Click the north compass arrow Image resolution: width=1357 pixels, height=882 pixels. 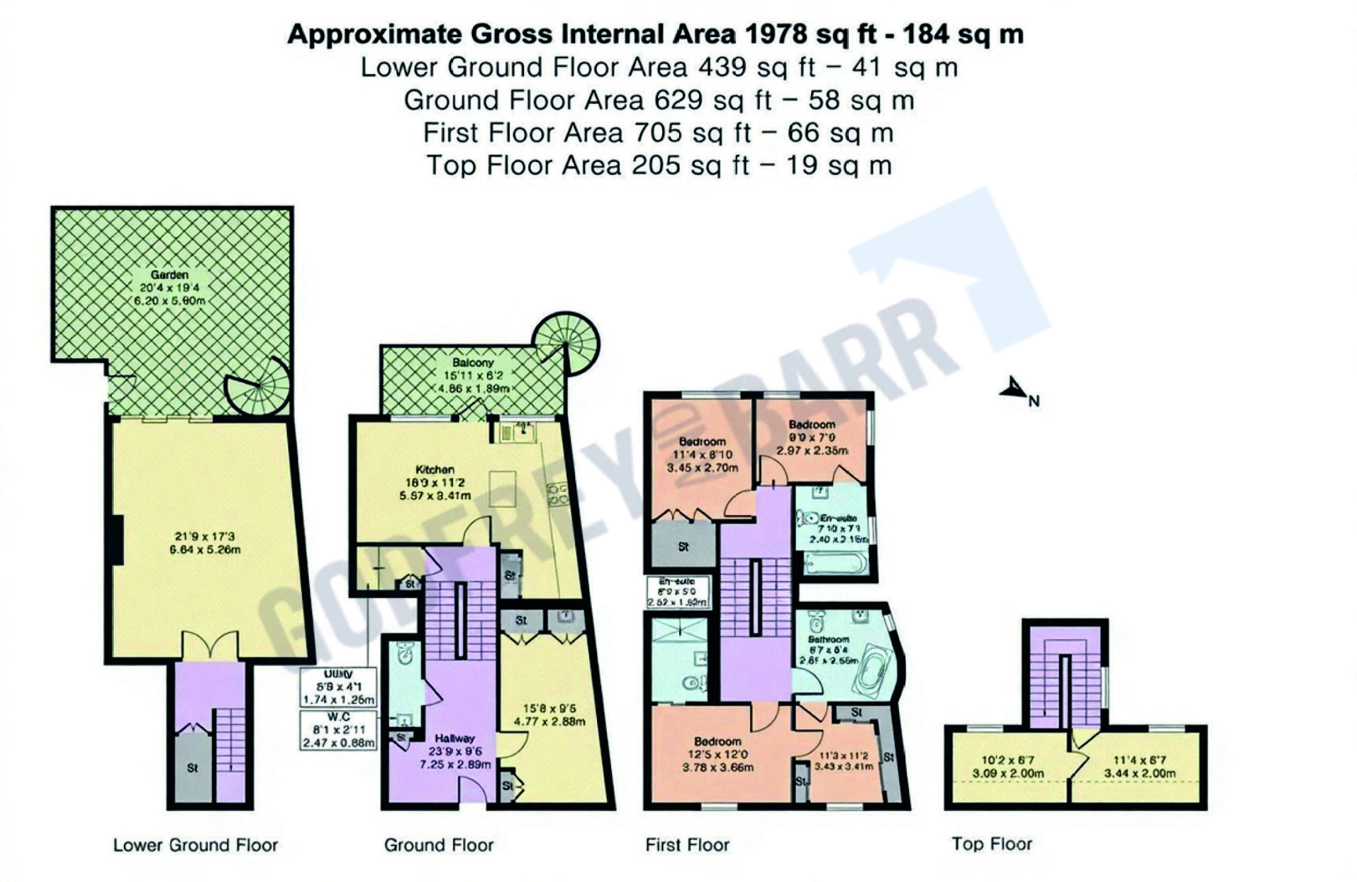(1014, 390)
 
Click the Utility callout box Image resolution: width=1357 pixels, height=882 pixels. (339, 687)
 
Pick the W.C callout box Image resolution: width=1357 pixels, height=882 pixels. (339, 730)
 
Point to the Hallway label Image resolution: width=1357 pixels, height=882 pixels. (455, 738)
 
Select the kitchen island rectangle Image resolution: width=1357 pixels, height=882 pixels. (502, 489)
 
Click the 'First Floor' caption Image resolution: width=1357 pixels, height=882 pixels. (687, 845)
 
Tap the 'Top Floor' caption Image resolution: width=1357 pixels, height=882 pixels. (991, 844)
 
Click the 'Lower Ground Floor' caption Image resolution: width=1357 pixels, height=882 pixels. (195, 846)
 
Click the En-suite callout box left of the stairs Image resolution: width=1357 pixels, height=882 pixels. (677, 592)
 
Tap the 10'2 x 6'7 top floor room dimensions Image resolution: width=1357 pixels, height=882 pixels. (1008, 767)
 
